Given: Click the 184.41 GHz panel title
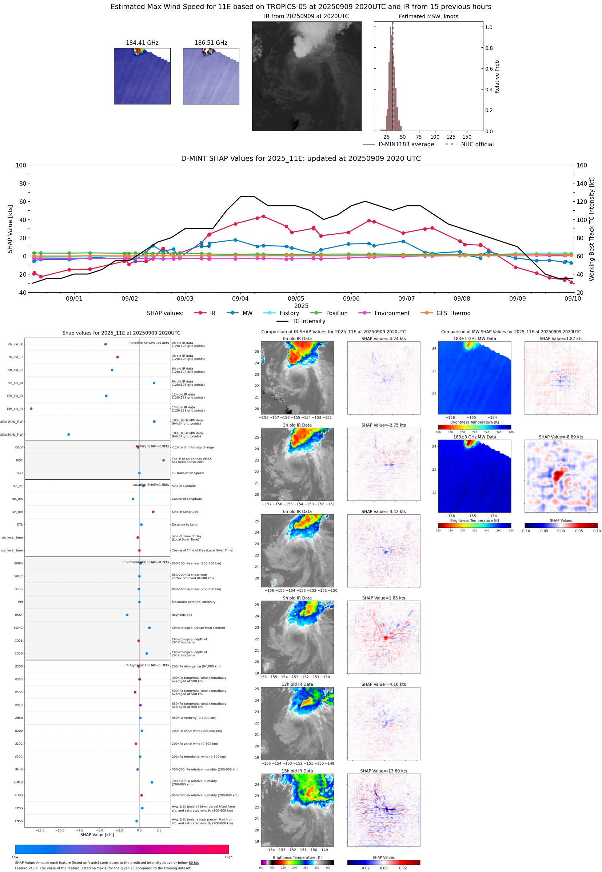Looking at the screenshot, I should [x=142, y=43].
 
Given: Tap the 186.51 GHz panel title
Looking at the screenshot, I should [x=211, y=43].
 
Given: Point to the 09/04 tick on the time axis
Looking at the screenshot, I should [x=240, y=298].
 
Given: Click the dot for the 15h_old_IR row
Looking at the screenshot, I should [x=31, y=409].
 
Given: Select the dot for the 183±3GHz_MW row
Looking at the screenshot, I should [x=68, y=434].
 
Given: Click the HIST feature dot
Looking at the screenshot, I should [x=163, y=460].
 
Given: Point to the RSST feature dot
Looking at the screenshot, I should [x=127, y=615].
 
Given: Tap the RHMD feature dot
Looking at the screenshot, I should [x=152, y=782].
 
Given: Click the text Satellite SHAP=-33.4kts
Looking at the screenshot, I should [x=149, y=343].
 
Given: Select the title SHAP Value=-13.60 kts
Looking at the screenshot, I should [x=383, y=771].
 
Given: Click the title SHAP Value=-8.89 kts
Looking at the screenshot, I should [x=561, y=437].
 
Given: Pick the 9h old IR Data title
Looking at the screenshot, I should [x=297, y=598].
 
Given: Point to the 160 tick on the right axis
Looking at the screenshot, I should [x=582, y=165].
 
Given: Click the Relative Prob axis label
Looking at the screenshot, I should [x=497, y=76].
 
